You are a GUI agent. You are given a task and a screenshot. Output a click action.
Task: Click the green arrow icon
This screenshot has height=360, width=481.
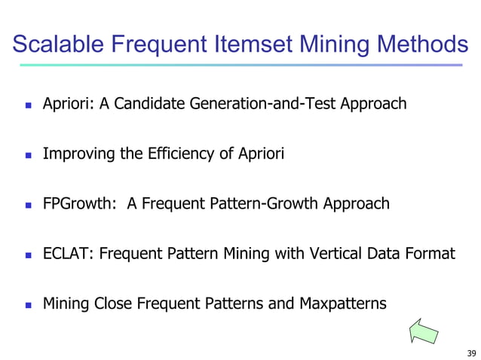click(x=424, y=331)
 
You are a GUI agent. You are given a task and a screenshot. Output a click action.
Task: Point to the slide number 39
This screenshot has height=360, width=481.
click(x=471, y=352)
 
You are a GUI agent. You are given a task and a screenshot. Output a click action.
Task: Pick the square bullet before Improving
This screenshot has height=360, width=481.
click(x=27, y=155)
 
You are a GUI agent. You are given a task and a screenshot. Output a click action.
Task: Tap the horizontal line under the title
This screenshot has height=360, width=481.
click(x=240, y=65)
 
